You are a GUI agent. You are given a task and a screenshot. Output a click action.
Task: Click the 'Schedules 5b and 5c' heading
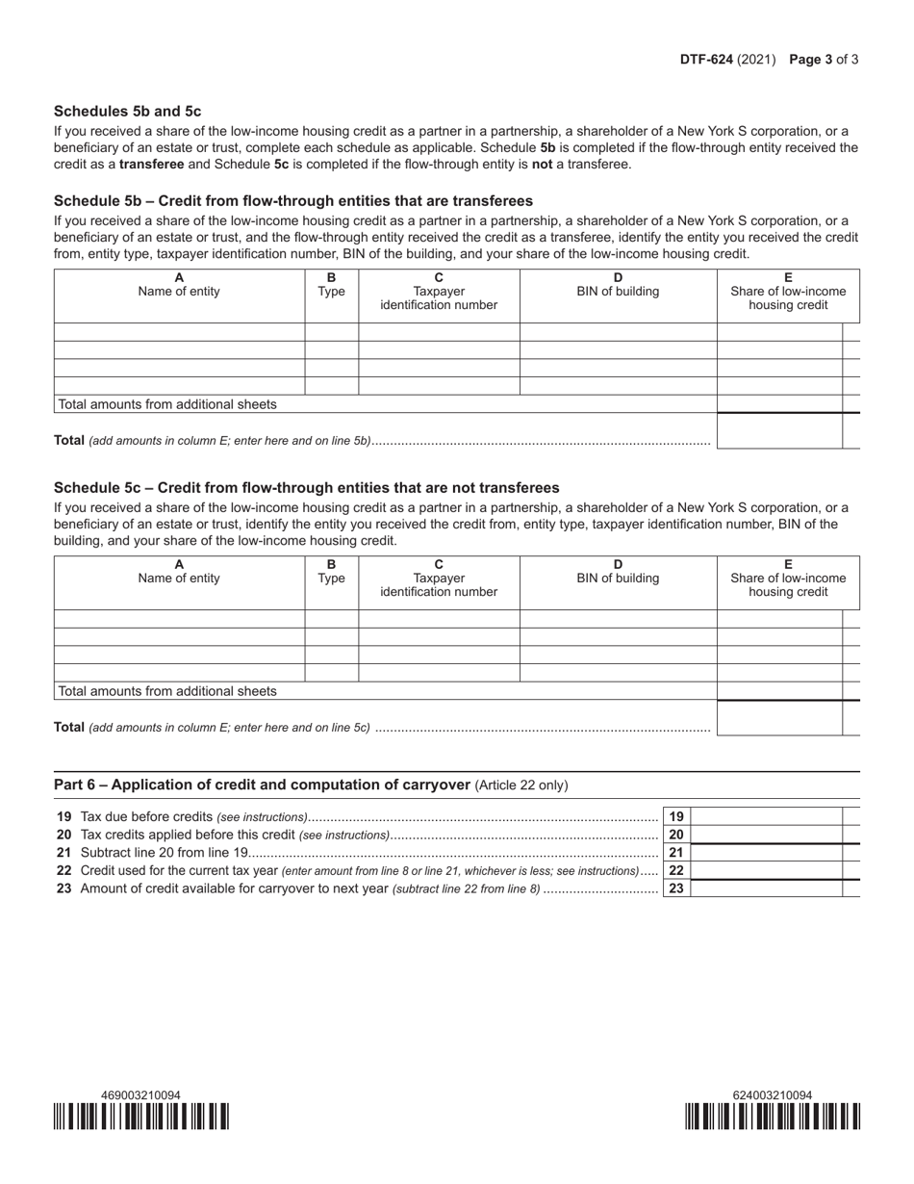128,111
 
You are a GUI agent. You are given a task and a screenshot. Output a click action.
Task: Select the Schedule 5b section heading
292,201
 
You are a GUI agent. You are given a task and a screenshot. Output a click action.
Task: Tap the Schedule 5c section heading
306,488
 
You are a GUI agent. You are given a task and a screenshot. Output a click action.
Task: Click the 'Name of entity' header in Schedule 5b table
179,293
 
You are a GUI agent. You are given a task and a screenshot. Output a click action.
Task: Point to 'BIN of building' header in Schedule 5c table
618,578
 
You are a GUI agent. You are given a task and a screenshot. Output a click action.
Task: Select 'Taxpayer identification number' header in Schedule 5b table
439,298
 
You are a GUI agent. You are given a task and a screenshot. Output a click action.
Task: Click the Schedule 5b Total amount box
779,431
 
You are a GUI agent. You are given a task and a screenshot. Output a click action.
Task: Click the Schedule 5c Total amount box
779,718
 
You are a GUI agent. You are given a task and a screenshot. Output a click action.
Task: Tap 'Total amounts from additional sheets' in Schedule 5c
167,691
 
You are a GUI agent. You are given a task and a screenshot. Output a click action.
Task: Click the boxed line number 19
676,816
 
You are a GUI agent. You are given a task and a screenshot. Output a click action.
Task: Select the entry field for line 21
767,852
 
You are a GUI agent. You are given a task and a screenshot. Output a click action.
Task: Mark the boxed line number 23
676,888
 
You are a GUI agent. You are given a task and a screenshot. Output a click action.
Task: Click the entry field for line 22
767,870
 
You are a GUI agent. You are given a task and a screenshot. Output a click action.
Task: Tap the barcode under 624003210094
773,1117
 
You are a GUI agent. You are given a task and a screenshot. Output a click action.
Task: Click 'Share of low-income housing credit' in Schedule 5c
788,585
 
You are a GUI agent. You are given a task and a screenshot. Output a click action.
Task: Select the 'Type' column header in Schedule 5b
331,293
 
